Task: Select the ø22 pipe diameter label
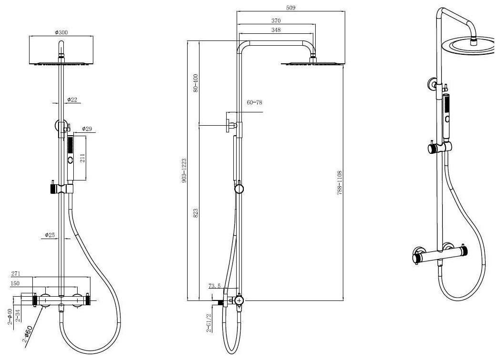pos(72,100)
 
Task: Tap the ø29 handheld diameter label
pos(87,129)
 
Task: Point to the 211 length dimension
pos(82,158)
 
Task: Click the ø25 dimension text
pos(50,235)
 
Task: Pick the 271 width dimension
pos(16,274)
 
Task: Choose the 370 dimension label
pos(276,21)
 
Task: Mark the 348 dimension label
pos(276,30)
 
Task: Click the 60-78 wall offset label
pos(255,102)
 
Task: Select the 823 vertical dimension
pos(195,213)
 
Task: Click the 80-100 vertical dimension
pos(195,83)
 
